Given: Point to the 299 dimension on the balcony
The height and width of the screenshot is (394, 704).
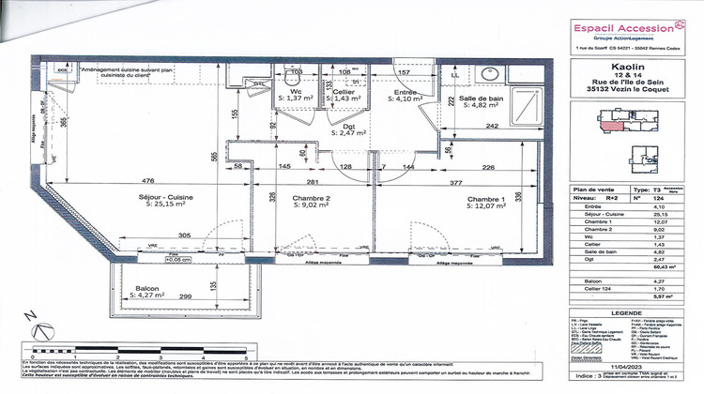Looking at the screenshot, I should pyautogui.click(x=186, y=295).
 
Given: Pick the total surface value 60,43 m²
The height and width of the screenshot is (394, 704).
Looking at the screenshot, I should pyautogui.click(x=667, y=267).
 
